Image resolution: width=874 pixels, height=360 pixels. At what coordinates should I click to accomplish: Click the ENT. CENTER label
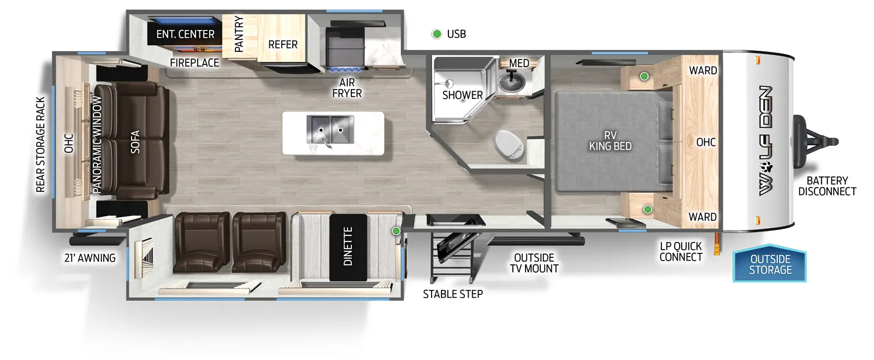[x=185, y=34]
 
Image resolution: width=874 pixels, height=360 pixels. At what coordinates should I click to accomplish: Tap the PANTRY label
[x=239, y=34]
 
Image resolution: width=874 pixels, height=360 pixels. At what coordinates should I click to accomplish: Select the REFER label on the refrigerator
[x=282, y=45]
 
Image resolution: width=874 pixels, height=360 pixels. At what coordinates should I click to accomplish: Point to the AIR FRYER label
[x=347, y=88]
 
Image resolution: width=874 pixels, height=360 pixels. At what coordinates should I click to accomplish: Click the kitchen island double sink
[x=330, y=131]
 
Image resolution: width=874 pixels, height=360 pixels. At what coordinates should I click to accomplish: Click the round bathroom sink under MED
[x=512, y=82]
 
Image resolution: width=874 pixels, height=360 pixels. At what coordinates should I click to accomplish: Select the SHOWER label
[x=462, y=95]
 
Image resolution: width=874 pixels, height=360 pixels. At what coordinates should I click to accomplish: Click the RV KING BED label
[x=610, y=141]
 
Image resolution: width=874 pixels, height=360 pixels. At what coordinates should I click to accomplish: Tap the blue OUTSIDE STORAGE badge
[x=770, y=264]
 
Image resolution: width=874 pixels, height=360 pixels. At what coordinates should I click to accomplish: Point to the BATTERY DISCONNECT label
[x=827, y=186]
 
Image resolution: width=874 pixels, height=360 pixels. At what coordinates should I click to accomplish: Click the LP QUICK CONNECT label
[x=681, y=252]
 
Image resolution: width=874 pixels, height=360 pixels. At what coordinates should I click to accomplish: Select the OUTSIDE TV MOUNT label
[x=534, y=263]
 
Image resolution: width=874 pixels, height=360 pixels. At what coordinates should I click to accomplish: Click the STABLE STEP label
[x=452, y=294]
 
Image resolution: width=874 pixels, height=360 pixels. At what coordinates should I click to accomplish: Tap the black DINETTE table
[x=348, y=247]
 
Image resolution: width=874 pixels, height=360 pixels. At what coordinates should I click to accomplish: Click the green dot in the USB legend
[x=436, y=34]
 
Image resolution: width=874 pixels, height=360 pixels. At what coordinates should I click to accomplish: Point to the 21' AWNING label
[x=90, y=258]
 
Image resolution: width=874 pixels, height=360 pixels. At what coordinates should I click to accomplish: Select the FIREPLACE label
[x=194, y=63]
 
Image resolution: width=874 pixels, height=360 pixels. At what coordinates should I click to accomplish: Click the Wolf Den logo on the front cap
[x=766, y=140]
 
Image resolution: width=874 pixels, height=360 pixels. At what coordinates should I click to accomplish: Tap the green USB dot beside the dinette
[x=396, y=231]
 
